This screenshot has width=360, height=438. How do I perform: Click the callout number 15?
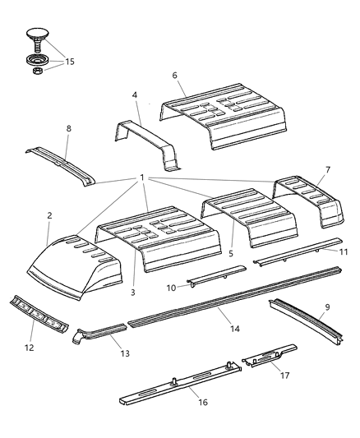click(x=69, y=62)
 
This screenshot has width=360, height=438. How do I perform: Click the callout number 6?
click(x=175, y=74)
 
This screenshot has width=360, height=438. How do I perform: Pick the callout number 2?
click(x=49, y=215)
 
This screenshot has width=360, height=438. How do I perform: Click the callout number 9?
click(x=326, y=330)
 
